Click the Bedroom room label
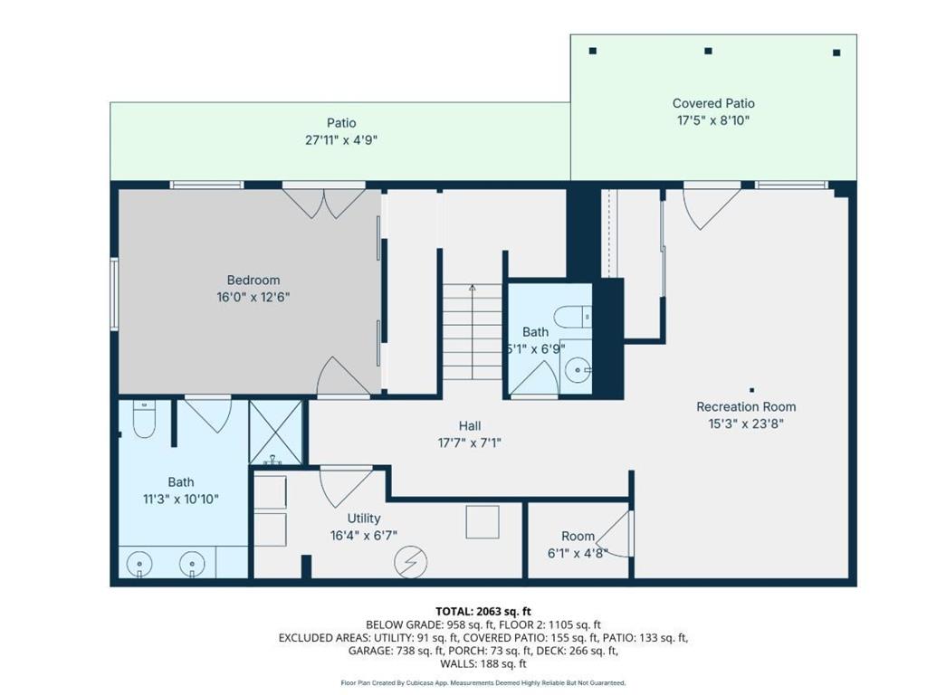253,281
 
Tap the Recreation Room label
746,406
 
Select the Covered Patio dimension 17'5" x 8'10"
713,120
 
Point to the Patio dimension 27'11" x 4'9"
341,140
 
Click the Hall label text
470,425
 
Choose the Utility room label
364,519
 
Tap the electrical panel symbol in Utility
410,561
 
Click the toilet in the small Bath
572,317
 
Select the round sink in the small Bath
577,370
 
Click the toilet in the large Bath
144,419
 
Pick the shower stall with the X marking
275,432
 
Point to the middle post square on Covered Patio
708,51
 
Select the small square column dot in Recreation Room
751,390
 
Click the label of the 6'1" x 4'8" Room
578,536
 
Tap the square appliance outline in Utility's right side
482,522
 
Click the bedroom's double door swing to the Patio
323,202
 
